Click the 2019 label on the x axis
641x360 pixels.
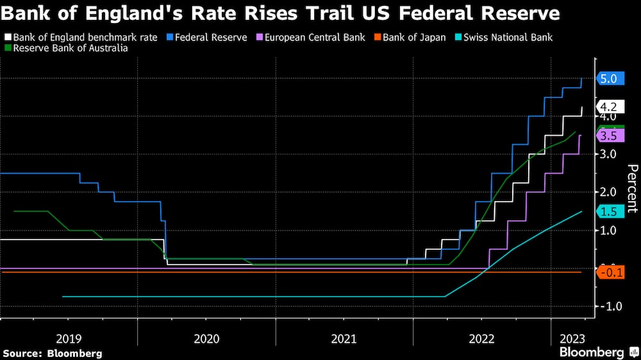[69, 338]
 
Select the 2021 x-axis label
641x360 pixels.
[344, 338]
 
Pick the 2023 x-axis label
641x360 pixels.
[572, 338]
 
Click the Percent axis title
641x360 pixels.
[632, 188]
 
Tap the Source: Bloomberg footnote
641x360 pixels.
[53, 353]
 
